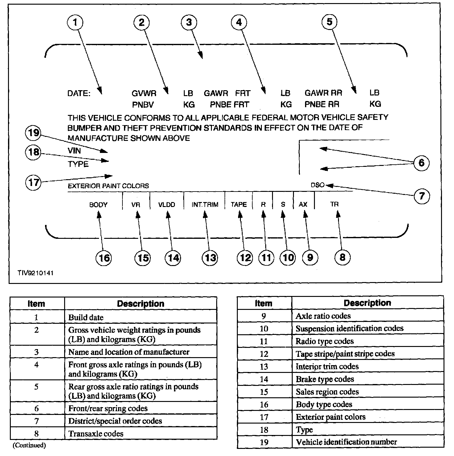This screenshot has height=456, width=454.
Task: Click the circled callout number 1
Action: coord(75,22)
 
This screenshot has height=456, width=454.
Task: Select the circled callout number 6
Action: coord(421,163)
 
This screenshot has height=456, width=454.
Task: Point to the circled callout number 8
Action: coord(342,257)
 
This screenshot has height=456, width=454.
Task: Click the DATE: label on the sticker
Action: coord(79,93)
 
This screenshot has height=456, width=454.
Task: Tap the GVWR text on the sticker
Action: coord(144,93)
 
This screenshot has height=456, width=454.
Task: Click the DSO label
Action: coord(318,185)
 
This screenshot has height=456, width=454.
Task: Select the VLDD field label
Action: coord(167,205)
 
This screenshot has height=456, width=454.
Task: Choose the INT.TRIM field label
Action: coord(205,205)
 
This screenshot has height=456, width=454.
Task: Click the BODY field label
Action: coord(98,205)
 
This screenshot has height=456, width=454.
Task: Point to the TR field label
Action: coord(334,204)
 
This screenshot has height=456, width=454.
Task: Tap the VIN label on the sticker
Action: coord(74,151)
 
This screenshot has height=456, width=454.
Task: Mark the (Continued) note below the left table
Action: coord(29,445)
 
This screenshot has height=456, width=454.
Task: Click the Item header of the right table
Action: coord(264,303)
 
